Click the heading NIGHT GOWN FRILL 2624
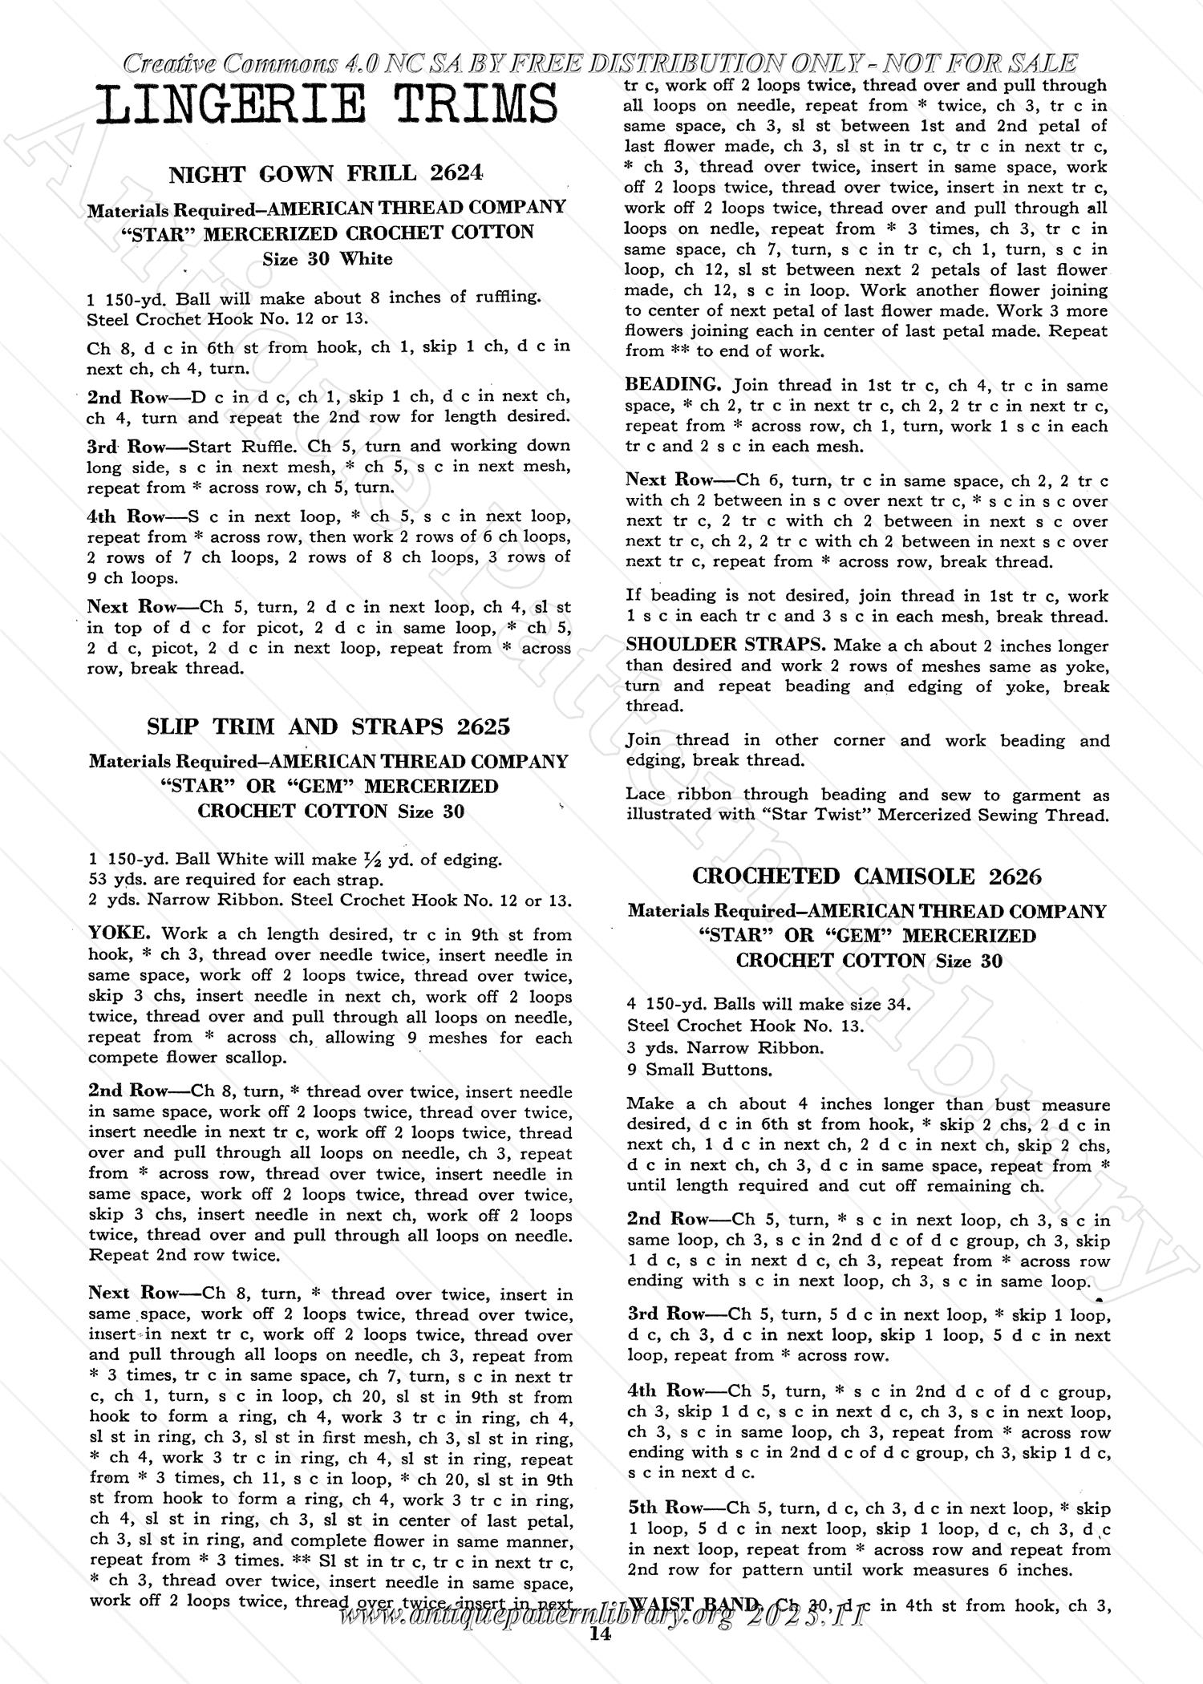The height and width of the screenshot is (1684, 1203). [327, 173]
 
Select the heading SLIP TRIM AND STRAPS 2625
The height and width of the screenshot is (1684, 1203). [329, 727]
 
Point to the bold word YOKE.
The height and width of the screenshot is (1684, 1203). [119, 933]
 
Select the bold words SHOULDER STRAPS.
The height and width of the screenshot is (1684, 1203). [727, 646]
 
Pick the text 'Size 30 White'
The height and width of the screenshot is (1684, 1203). [327, 259]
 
